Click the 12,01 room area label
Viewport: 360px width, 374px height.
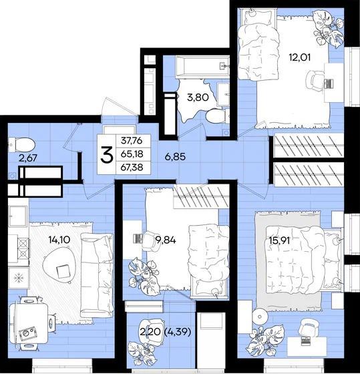tap(300, 57)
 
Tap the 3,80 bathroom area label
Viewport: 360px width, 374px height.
tap(198, 98)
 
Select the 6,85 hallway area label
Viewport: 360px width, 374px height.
tap(175, 157)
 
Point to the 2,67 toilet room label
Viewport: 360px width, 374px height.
tap(28, 158)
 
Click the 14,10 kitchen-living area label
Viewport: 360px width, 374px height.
tap(59, 240)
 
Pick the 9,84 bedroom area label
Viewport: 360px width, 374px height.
tap(166, 240)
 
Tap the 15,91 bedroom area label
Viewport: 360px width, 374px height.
tap(279, 240)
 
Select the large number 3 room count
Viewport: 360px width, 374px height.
tap(106, 154)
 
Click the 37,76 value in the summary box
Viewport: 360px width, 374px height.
tap(132, 141)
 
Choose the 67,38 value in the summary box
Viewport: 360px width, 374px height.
tap(132, 167)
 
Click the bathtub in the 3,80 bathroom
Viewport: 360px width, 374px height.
tap(202, 67)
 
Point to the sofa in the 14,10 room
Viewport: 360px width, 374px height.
tap(97, 275)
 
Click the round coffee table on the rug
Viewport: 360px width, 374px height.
tap(59, 266)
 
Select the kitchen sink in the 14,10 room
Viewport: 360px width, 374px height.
tap(18, 216)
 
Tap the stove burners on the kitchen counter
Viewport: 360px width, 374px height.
tap(24, 248)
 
